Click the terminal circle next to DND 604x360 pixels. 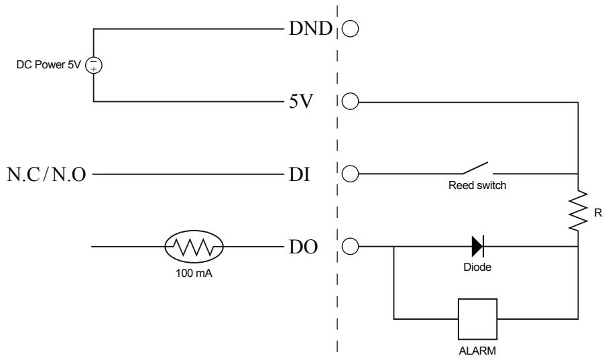[351, 29]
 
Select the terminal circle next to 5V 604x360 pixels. [351, 103]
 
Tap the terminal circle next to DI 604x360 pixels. [351, 175]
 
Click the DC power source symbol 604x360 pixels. [94, 65]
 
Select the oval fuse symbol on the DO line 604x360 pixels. [192, 247]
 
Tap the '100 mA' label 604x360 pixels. [192, 274]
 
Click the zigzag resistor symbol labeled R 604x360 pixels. [577, 213]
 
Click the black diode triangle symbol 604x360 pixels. [477, 247]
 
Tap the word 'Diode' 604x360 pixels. [477, 267]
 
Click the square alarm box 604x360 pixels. [477, 318]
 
